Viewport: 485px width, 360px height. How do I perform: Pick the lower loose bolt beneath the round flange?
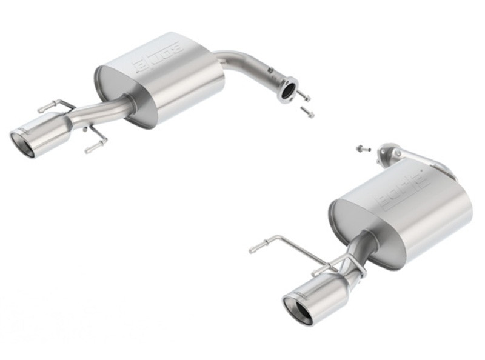pyautogui.click(x=307, y=112)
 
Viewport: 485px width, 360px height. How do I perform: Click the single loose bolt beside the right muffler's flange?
pyautogui.click(x=360, y=148)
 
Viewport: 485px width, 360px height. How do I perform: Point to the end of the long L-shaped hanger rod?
pyautogui.click(x=253, y=248)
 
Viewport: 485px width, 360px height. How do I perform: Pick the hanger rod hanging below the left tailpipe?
pyautogui.click(x=96, y=144)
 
